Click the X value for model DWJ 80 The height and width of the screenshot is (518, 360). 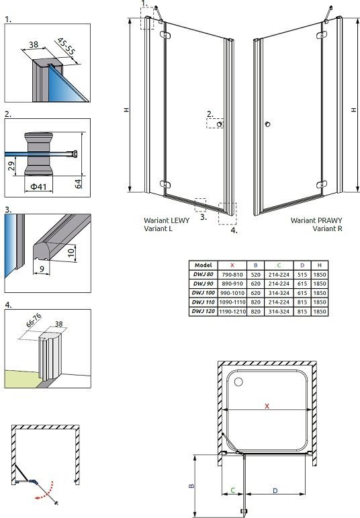[232, 275]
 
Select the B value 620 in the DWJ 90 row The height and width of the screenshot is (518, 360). [255, 284]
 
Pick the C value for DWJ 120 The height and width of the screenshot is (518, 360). [279, 312]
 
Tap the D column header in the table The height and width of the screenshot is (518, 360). [302, 265]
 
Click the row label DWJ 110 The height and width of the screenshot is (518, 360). [203, 302]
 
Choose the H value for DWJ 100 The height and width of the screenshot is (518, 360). [320, 293]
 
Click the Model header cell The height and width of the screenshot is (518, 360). [203, 265]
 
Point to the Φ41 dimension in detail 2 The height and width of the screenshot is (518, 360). [39, 187]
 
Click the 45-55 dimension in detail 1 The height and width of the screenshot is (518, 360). [66, 46]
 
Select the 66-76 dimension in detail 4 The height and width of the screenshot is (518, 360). [34, 320]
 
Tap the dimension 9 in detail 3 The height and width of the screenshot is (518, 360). [42, 269]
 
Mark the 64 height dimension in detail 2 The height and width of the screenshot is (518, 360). [78, 183]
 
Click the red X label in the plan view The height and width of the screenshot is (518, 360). [267, 406]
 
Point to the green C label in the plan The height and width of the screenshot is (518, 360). [232, 490]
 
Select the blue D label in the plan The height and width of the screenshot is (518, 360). [275, 491]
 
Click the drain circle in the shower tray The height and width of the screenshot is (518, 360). [238, 382]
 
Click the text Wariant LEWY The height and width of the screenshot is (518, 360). [167, 220]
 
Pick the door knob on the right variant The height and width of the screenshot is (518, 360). [267, 124]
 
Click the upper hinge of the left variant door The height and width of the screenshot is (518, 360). [165, 34]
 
